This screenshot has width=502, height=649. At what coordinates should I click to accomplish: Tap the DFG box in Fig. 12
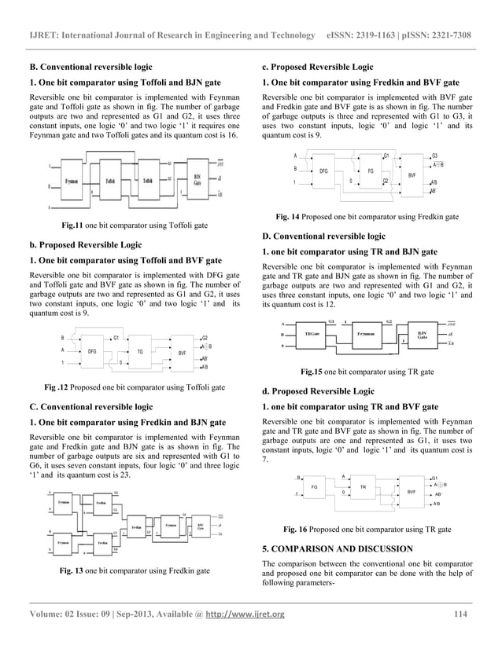click(91, 351)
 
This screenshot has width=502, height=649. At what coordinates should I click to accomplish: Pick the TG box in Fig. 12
click(139, 352)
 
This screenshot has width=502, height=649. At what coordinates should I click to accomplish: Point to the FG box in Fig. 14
click(370, 170)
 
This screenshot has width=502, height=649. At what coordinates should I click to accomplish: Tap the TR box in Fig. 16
click(364, 487)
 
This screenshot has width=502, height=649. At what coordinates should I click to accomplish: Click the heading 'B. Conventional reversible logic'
click(86, 67)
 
